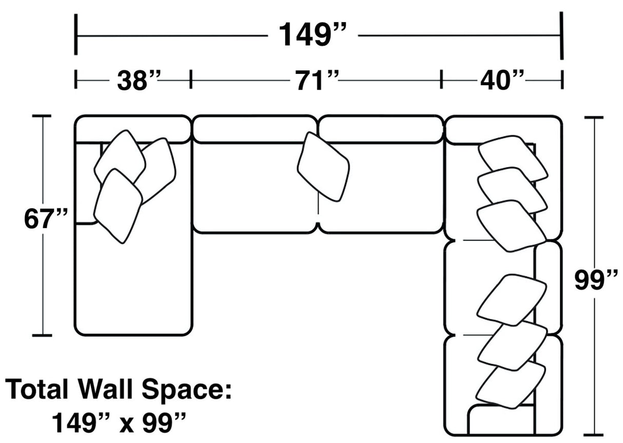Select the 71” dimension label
click(316, 80)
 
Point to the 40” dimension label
click(502, 80)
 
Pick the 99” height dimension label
click(596, 280)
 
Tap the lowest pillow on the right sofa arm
click(511, 385)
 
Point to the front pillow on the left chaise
click(118, 205)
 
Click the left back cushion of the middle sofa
click(254, 129)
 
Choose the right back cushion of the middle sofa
click(381, 129)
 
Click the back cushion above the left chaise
click(132, 128)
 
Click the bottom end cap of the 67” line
click(42, 336)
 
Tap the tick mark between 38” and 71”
click(191, 79)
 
